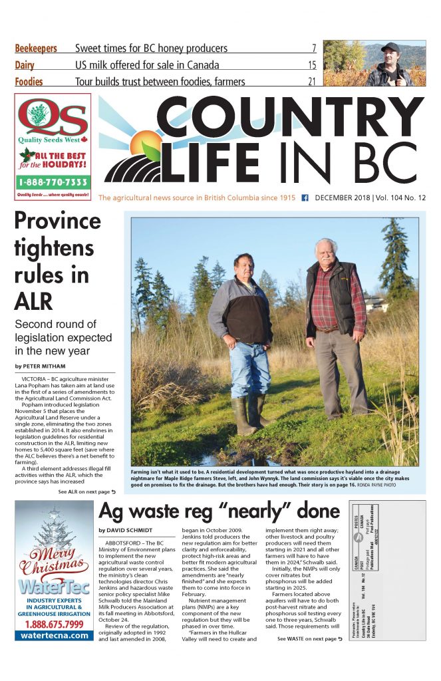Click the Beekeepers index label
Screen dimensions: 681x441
36,49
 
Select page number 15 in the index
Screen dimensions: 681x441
311,65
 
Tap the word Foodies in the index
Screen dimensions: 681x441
29,82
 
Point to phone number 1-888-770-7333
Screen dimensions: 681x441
53,182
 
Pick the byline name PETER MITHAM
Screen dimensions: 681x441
44,366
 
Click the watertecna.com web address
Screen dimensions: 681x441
53,634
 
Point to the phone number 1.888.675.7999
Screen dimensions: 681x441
53,624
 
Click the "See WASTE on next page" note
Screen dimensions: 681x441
310,638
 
